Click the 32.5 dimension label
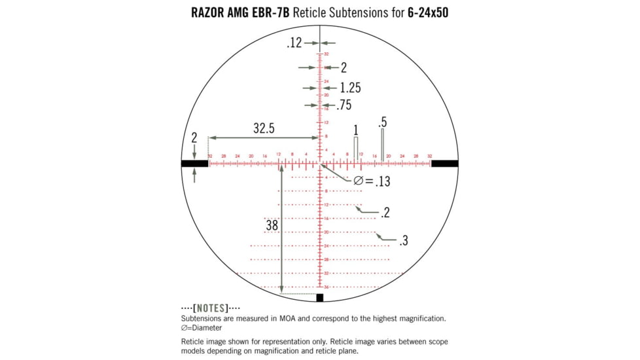[x=264, y=129]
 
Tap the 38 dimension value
[x=272, y=225]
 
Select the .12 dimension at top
[x=294, y=43]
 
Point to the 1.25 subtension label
[x=350, y=88]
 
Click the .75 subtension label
[x=344, y=105]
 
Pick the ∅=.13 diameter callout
[x=372, y=181]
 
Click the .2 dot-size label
[x=385, y=213]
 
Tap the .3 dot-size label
[x=403, y=241]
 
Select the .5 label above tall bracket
[x=382, y=122]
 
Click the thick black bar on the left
[x=194, y=164]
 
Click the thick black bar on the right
[x=444, y=164]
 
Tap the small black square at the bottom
[x=320, y=298]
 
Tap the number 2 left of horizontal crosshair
[x=194, y=138]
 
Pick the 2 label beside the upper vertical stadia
[x=344, y=67]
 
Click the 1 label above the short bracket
[x=356, y=130]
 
